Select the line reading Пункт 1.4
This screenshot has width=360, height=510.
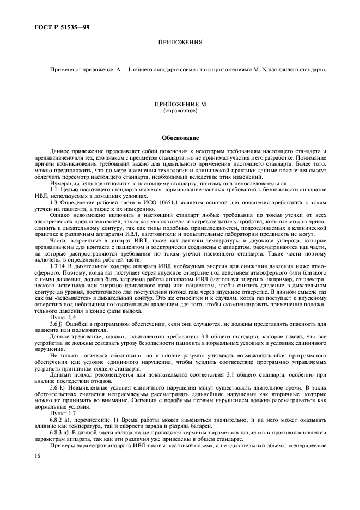[x=63, y=317]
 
